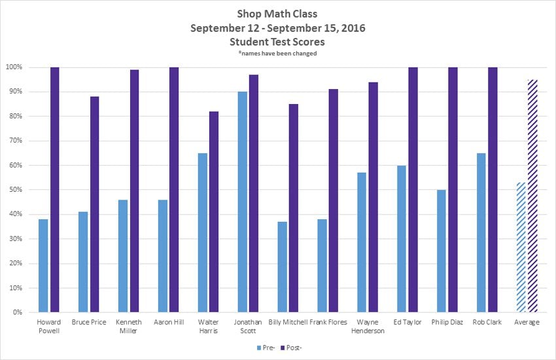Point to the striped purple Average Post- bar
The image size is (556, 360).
tap(532, 196)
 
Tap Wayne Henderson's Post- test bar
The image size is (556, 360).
tap(374, 197)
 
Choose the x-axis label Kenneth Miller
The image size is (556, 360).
tap(128, 326)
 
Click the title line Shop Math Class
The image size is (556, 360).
tap(277, 14)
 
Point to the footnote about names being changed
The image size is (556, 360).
tap(277, 54)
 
